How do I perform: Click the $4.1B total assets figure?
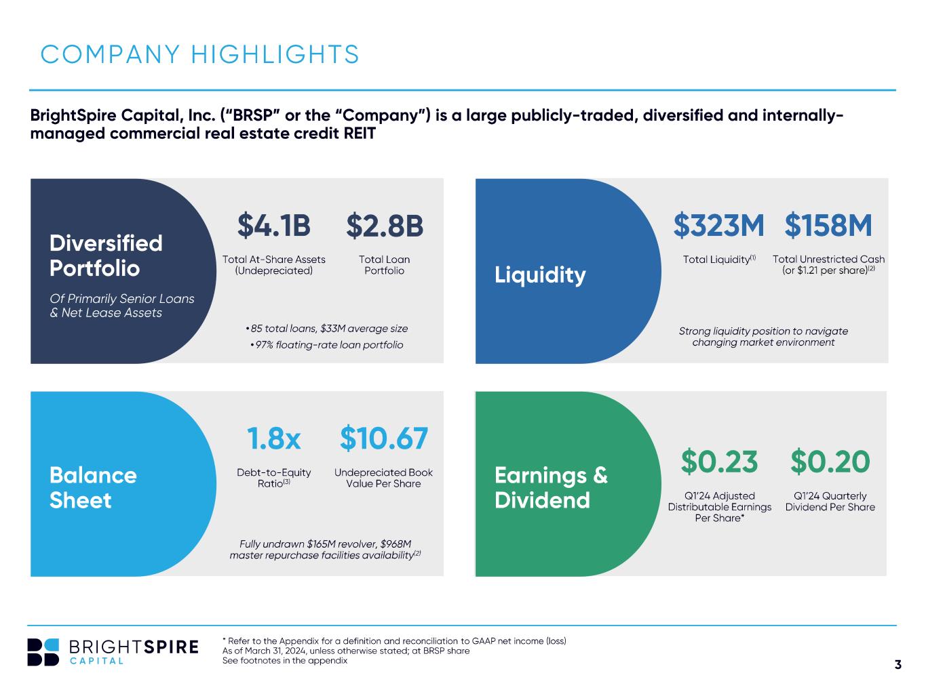[274, 226]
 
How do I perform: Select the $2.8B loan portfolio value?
[385, 226]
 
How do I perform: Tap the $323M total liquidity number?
[718, 225]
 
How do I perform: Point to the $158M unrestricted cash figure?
[828, 225]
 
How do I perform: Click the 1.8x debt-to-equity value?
[274, 438]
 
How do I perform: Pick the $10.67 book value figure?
[384, 438]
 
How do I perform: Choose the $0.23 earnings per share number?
[719, 462]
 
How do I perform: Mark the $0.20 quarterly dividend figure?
[830, 462]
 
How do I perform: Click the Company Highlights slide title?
[199, 54]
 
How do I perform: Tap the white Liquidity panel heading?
[540, 275]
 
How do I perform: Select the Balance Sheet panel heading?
[93, 487]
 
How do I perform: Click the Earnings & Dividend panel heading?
[551, 487]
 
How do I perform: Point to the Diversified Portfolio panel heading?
[106, 256]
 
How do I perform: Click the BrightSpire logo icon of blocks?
[43, 652]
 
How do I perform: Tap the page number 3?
[898, 664]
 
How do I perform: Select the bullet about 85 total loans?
[326, 329]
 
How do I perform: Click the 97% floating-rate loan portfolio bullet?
[326, 345]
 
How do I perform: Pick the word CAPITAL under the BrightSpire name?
[96, 661]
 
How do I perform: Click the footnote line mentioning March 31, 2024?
[346, 651]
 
